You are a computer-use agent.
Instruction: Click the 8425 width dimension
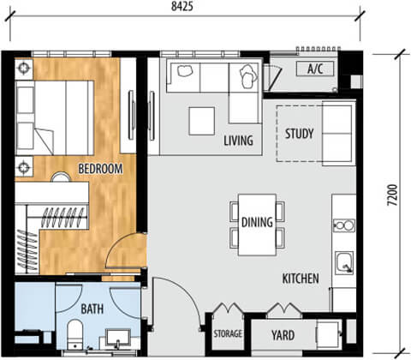click(x=182, y=6)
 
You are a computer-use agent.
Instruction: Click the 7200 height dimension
click(x=392, y=195)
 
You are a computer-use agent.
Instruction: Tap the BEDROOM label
click(x=100, y=169)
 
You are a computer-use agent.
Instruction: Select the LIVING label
click(x=238, y=141)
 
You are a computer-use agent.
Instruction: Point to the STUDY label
click(x=300, y=134)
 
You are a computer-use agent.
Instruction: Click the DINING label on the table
click(x=257, y=222)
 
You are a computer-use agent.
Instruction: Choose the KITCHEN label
click(x=301, y=279)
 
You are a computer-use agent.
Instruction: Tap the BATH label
click(x=92, y=309)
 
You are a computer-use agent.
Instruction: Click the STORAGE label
click(x=228, y=333)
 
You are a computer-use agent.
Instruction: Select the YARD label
click(x=283, y=335)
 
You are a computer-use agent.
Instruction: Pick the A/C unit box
click(x=315, y=69)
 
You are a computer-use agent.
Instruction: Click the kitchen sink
click(x=344, y=262)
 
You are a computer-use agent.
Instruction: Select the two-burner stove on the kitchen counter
click(x=344, y=225)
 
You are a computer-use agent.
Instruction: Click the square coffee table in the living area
click(x=202, y=121)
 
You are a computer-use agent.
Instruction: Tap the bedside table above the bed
click(x=24, y=69)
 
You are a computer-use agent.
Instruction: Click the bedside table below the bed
click(x=24, y=166)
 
